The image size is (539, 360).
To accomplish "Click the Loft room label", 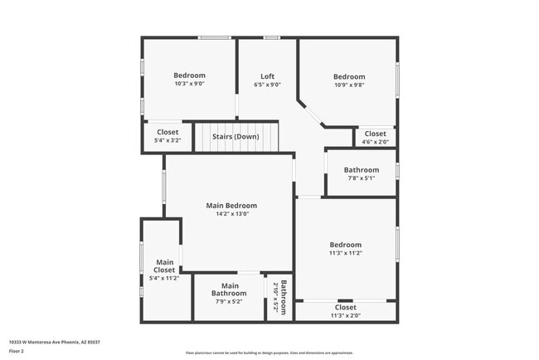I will [267, 76].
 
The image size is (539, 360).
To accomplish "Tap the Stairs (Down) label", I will [236, 136].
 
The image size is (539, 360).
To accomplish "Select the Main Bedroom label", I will [231, 206].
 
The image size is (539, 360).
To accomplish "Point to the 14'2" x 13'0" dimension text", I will [231, 214].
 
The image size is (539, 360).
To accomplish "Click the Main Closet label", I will [164, 266].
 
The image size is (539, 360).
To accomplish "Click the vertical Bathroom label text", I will [284, 299].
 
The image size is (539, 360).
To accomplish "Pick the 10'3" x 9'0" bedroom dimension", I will [190, 84].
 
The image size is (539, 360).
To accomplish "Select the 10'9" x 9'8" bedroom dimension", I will [349, 85].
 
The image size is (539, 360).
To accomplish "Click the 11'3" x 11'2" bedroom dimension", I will [346, 253].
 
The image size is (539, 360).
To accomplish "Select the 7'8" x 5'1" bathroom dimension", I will [362, 178].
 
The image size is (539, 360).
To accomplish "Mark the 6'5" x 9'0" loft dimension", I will [267, 85].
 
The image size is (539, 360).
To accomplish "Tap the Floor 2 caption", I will [17, 351].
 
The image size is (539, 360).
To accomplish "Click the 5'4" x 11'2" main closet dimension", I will [164, 279].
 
